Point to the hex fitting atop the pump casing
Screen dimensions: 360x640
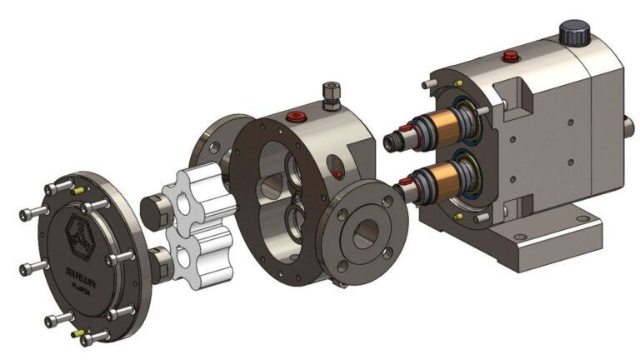(x=328, y=92)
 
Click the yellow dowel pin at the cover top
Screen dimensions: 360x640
(x=80, y=190)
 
